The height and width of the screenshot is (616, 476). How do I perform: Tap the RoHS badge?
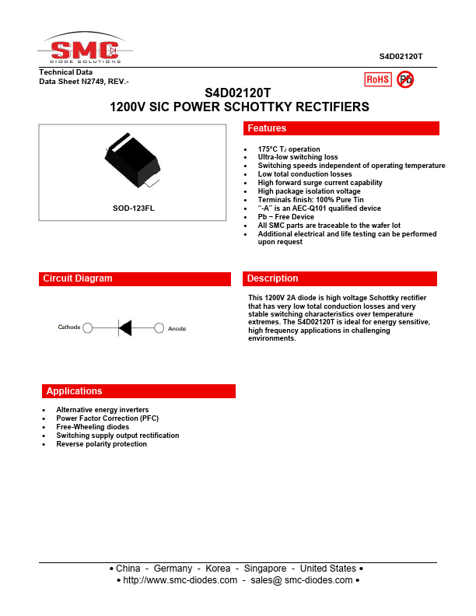point(378,79)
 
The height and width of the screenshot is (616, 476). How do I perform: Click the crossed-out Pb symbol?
point(405,79)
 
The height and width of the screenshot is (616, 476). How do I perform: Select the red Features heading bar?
point(341,128)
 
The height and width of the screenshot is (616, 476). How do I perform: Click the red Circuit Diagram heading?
point(135,278)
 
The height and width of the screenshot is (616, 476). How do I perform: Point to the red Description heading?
point(341,278)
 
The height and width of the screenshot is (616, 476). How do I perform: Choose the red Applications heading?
point(138,391)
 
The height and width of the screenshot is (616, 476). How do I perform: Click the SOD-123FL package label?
point(134,208)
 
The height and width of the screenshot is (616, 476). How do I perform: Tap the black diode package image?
point(134,162)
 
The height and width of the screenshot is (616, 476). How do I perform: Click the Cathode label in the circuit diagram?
point(69,327)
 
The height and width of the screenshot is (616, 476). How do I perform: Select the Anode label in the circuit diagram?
point(177,328)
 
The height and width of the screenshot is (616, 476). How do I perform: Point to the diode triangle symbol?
point(124,328)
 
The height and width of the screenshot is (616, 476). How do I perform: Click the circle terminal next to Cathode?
point(88,328)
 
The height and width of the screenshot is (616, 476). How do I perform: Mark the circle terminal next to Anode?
point(159,328)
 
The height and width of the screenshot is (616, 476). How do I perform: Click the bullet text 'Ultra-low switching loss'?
point(298,157)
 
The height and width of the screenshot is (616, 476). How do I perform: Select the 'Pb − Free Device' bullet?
point(286,217)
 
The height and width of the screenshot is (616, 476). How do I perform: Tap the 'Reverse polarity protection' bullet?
point(101,444)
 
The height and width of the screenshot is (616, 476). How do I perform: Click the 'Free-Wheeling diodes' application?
point(93,427)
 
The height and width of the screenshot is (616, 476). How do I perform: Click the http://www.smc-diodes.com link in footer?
point(180,581)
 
